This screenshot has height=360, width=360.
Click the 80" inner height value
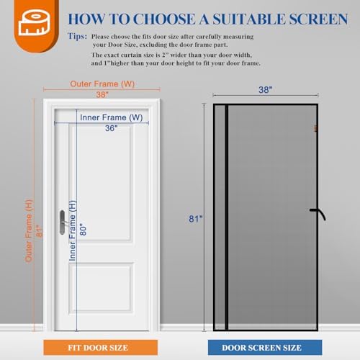pos(83,229)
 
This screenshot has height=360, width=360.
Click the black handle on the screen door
pos(317,212)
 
